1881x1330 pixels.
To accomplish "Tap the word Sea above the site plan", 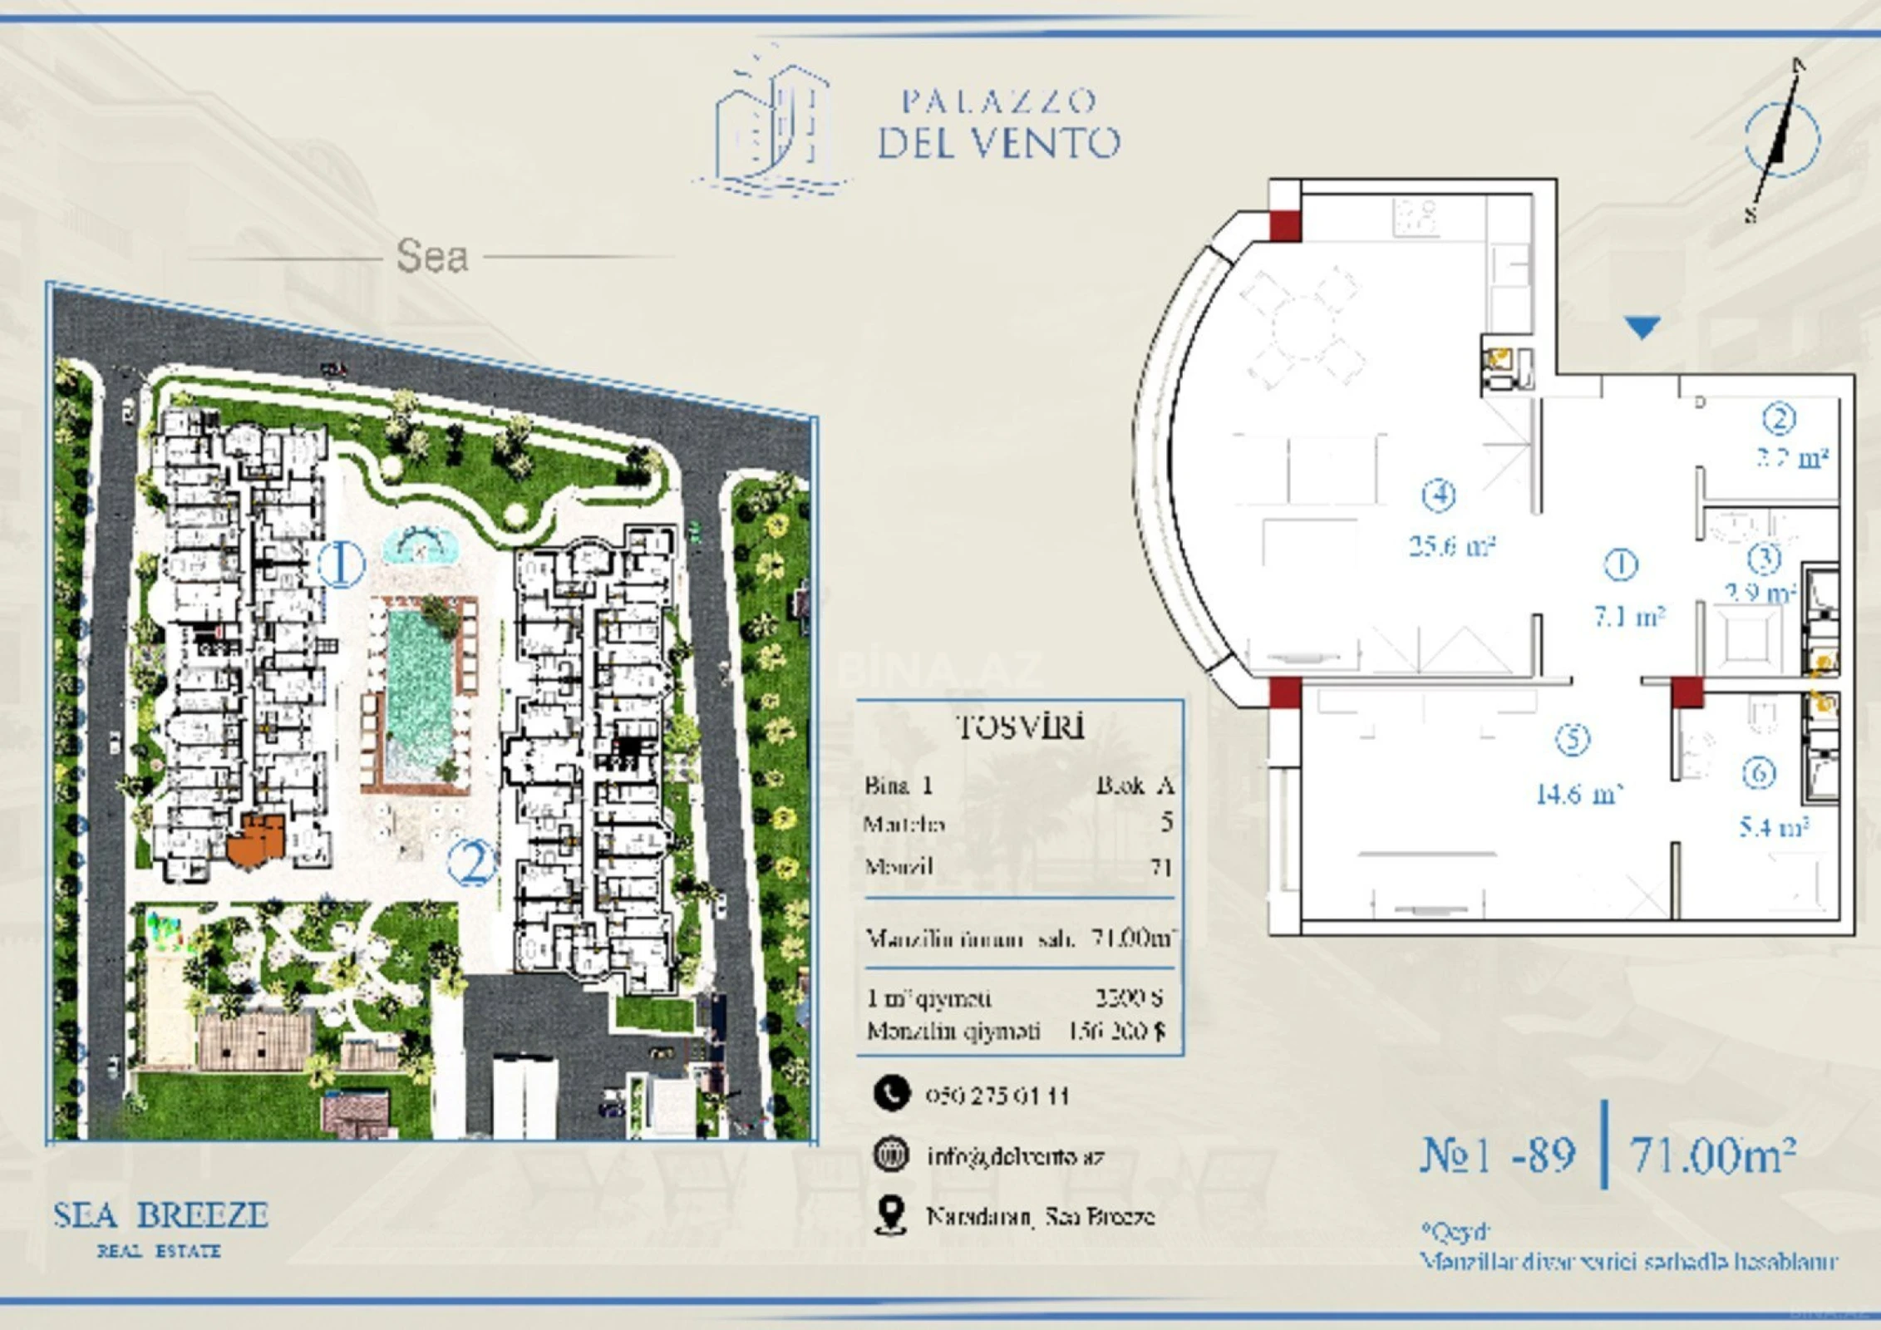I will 431,256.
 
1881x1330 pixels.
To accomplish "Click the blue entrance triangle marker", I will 1642,326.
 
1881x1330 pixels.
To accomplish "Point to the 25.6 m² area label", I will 1451,546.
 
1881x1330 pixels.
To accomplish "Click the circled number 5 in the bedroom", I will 1572,739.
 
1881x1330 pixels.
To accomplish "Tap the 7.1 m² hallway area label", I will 1628,617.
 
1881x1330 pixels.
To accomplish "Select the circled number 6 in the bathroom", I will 1759,774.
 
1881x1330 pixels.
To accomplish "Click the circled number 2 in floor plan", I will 1779,419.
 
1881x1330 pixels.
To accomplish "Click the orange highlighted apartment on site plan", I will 258,840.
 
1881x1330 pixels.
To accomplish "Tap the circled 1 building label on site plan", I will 341,564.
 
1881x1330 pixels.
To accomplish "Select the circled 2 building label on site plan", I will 472,862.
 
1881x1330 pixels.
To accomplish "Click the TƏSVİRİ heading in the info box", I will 1020,727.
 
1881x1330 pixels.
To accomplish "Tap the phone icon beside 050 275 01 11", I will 891,1094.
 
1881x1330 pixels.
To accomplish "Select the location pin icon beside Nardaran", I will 890,1215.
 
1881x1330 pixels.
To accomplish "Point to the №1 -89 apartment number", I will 1497,1155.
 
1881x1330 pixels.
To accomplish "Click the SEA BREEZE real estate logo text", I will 160,1216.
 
